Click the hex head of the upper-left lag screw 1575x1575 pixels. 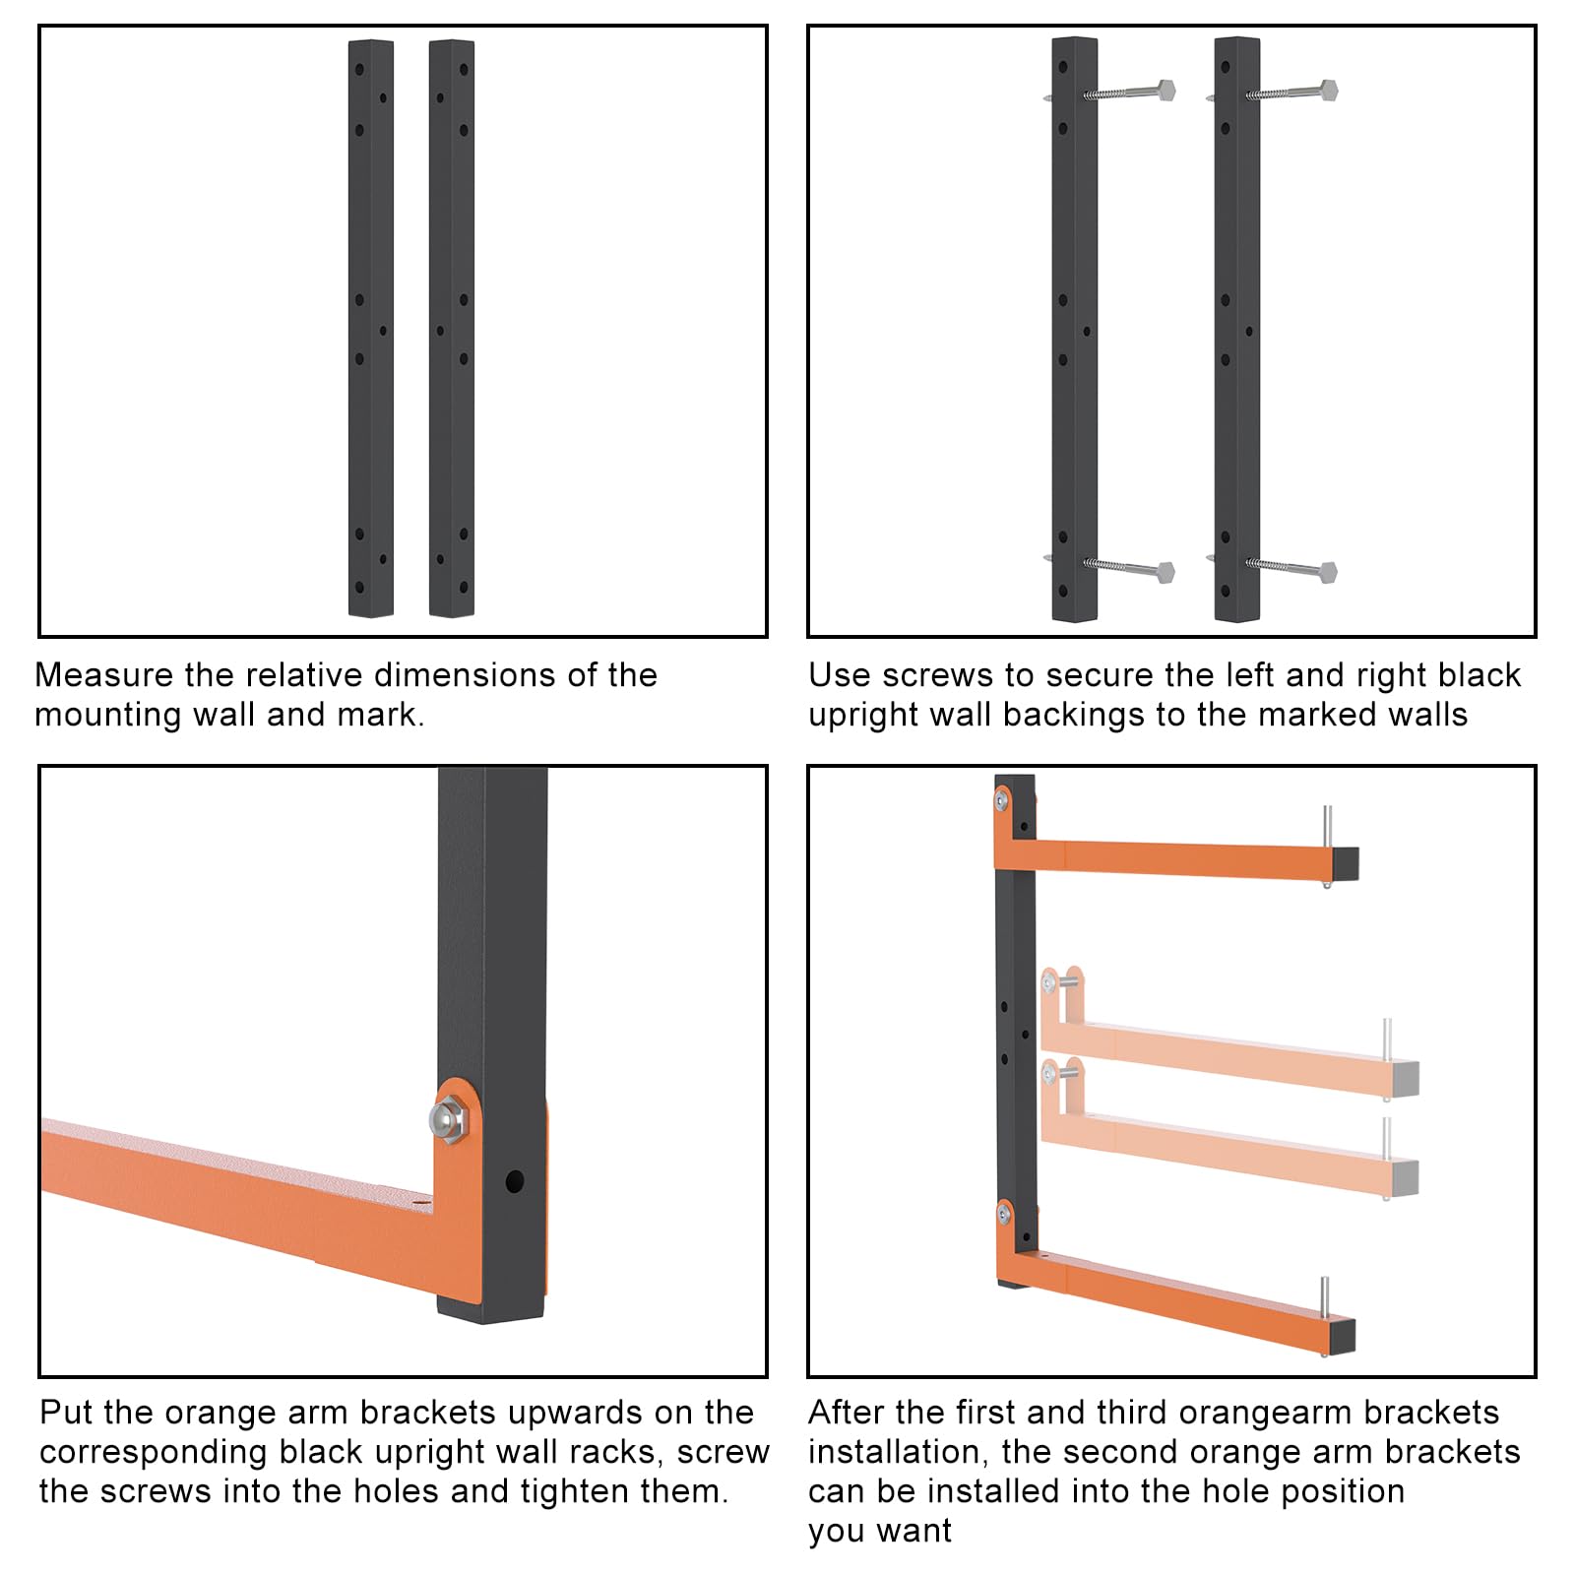pyautogui.click(x=1165, y=90)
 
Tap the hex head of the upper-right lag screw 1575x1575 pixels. pyautogui.click(x=1328, y=90)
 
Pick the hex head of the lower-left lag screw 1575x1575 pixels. pyautogui.click(x=1165, y=572)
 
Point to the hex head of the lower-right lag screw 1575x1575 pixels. pyautogui.click(x=1328, y=572)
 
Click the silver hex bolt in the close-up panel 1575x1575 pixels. pyautogui.click(x=449, y=1118)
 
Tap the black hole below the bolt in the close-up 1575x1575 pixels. pyautogui.click(x=514, y=1181)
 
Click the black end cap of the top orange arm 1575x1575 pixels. pyautogui.click(x=1346, y=863)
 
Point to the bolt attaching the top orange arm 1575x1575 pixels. pyautogui.click(x=1001, y=800)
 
